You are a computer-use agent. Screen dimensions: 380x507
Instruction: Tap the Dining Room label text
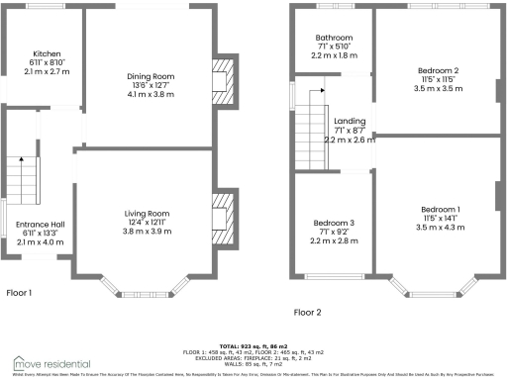(150, 76)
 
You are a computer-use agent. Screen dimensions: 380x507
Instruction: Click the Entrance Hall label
(40, 224)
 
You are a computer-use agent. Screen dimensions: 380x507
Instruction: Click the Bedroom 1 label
(440, 209)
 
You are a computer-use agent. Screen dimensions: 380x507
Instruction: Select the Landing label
(350, 121)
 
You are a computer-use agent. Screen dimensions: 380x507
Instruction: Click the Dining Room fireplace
(224, 78)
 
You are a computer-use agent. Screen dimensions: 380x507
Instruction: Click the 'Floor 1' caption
(19, 293)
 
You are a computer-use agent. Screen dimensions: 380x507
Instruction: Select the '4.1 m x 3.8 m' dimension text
(150, 94)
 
